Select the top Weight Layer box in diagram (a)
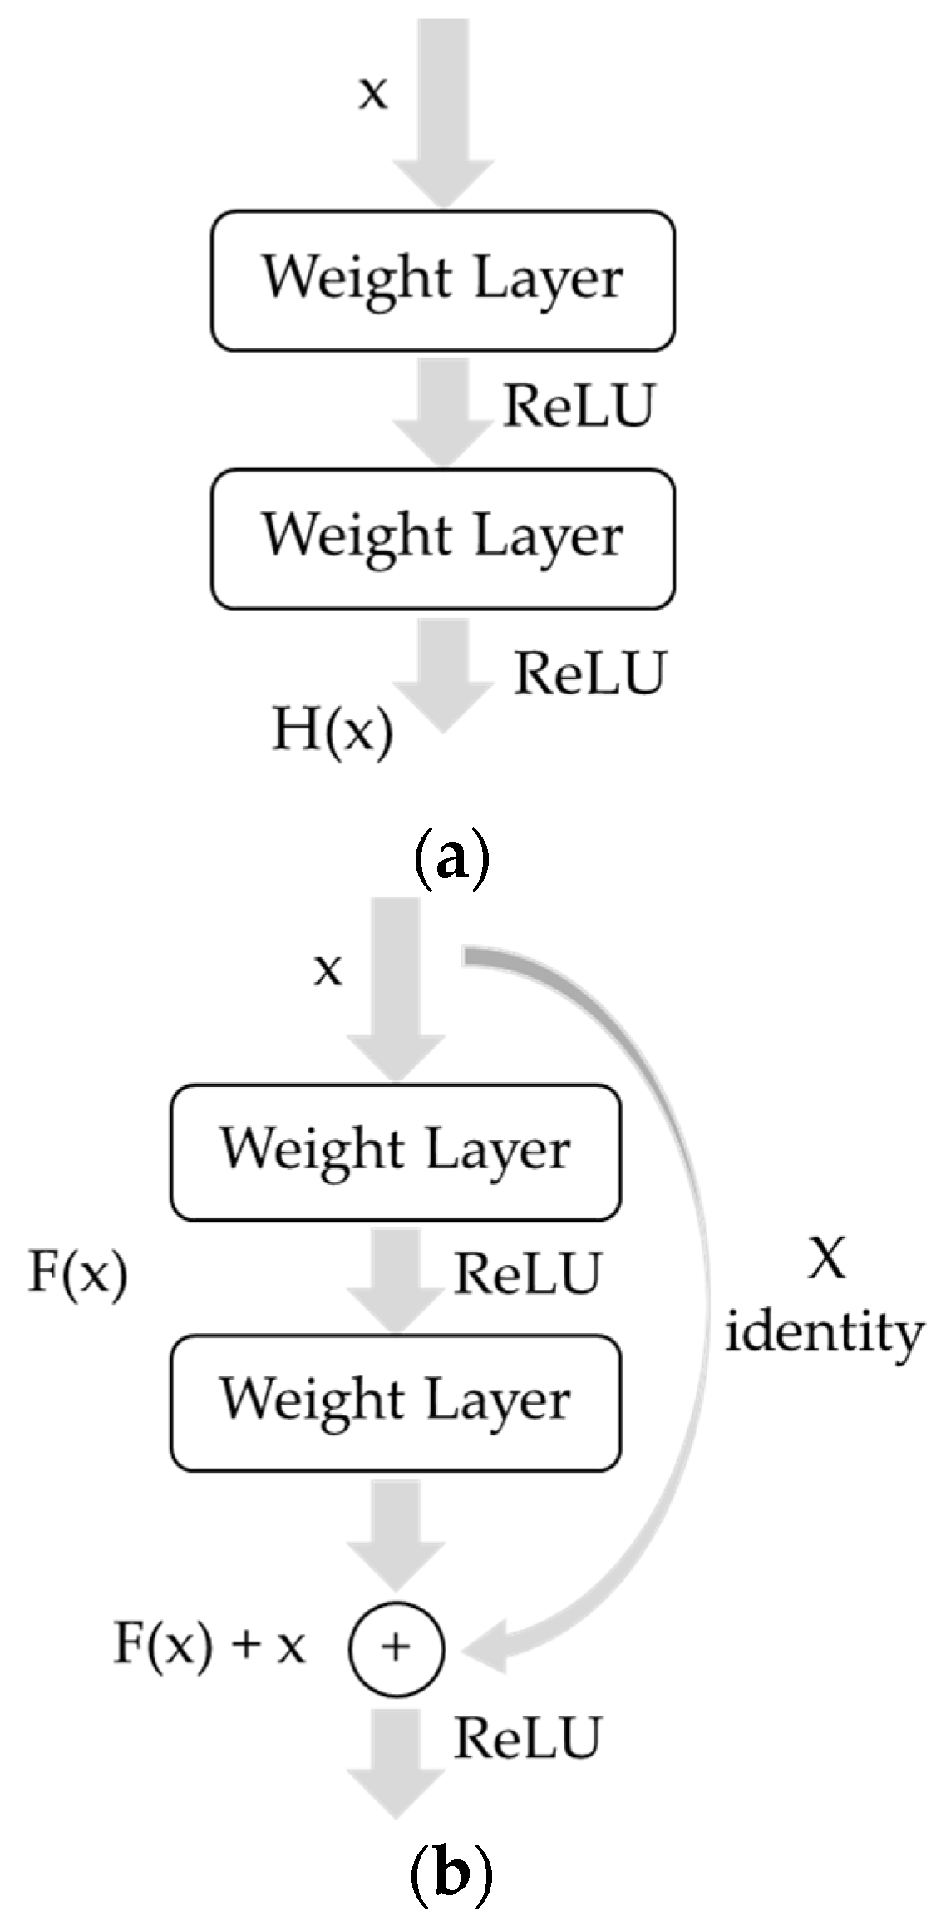[x=442, y=281]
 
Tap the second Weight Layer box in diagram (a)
[x=442, y=539]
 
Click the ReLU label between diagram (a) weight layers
[x=579, y=406]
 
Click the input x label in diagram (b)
[x=328, y=969]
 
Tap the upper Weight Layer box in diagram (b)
[x=396, y=1153]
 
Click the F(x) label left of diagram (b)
[x=78, y=1273]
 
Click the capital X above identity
[x=826, y=1261]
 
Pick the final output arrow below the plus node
[x=397, y=1771]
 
